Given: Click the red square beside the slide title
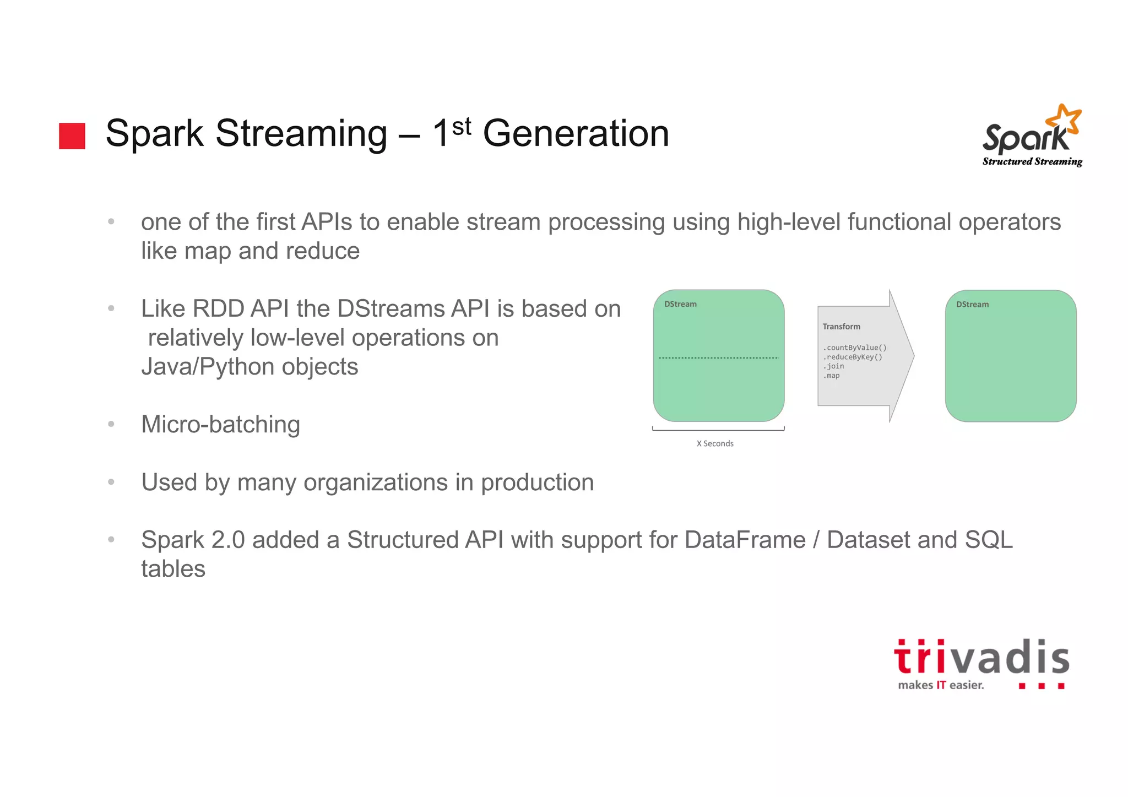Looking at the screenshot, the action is coord(72,136).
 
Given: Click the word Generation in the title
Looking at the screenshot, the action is coord(576,134).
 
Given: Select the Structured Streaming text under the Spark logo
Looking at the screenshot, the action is coord(1032,161).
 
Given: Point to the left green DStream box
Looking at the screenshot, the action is coord(718,386).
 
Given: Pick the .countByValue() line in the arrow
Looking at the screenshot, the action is coord(854,348).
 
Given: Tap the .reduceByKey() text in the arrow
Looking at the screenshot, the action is coord(852,357).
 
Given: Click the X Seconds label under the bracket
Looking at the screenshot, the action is coord(715,443).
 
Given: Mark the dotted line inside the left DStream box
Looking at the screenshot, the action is coord(718,358).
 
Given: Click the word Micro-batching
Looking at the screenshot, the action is coord(220,425).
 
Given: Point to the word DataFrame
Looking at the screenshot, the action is coord(745,540).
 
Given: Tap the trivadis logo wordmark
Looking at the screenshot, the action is coord(981,658).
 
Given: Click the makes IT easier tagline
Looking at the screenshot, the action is coord(941,685).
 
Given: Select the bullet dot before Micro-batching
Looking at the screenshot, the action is coord(111,424).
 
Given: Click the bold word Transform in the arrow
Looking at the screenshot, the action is coord(841,327).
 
